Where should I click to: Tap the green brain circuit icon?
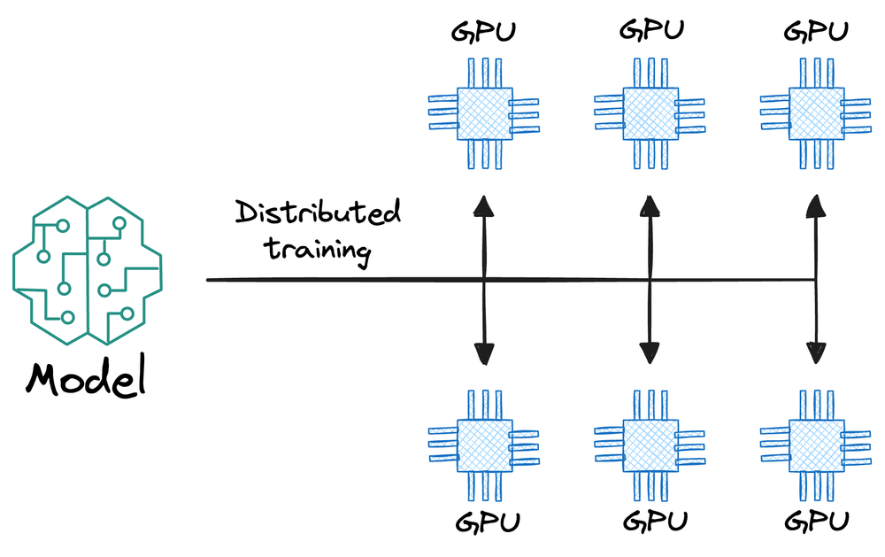pyautogui.click(x=87, y=269)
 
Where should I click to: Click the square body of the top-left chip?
pyautogui.click(x=484, y=113)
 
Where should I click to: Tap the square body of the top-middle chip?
pyautogui.click(x=650, y=112)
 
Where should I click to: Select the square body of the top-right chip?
pyautogui.click(x=815, y=112)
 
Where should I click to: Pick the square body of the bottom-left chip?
pyautogui.click(x=484, y=445)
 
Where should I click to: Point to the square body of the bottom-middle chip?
pyautogui.click(x=650, y=445)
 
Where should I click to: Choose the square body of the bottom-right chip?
pyautogui.click(x=815, y=445)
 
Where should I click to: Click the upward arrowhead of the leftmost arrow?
pyautogui.click(x=484, y=206)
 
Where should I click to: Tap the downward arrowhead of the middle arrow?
pyautogui.click(x=651, y=353)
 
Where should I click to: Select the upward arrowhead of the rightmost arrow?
pyautogui.click(x=815, y=207)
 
